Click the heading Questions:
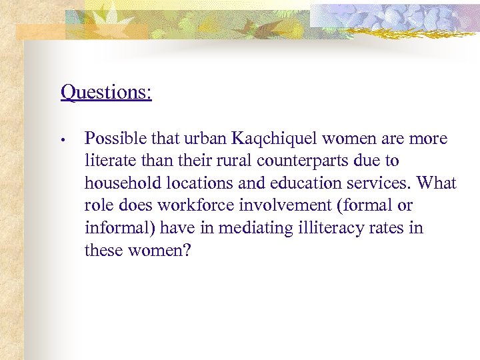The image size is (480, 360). pyautogui.click(x=106, y=91)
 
